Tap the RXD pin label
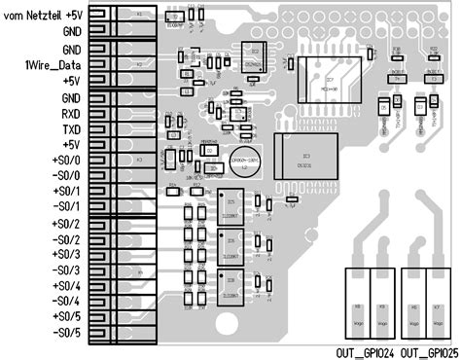70,113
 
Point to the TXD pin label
70,128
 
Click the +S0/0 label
65,160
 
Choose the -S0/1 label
65,207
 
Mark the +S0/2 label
65,223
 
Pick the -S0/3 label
65,270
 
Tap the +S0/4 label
65,285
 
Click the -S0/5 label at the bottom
65,333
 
